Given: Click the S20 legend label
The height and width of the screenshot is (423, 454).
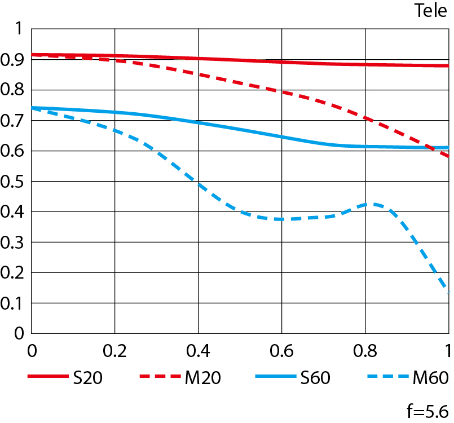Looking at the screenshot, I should click(x=87, y=378).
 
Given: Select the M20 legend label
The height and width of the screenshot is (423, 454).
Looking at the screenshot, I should click(x=202, y=378).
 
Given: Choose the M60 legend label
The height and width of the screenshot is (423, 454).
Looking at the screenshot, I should click(x=433, y=378).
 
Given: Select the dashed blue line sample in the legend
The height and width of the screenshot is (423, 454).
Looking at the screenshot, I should click(x=390, y=378).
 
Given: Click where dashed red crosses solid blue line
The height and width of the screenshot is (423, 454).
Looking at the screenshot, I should click(x=434, y=148).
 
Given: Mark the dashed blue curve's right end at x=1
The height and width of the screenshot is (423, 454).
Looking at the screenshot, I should click(x=448, y=292).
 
